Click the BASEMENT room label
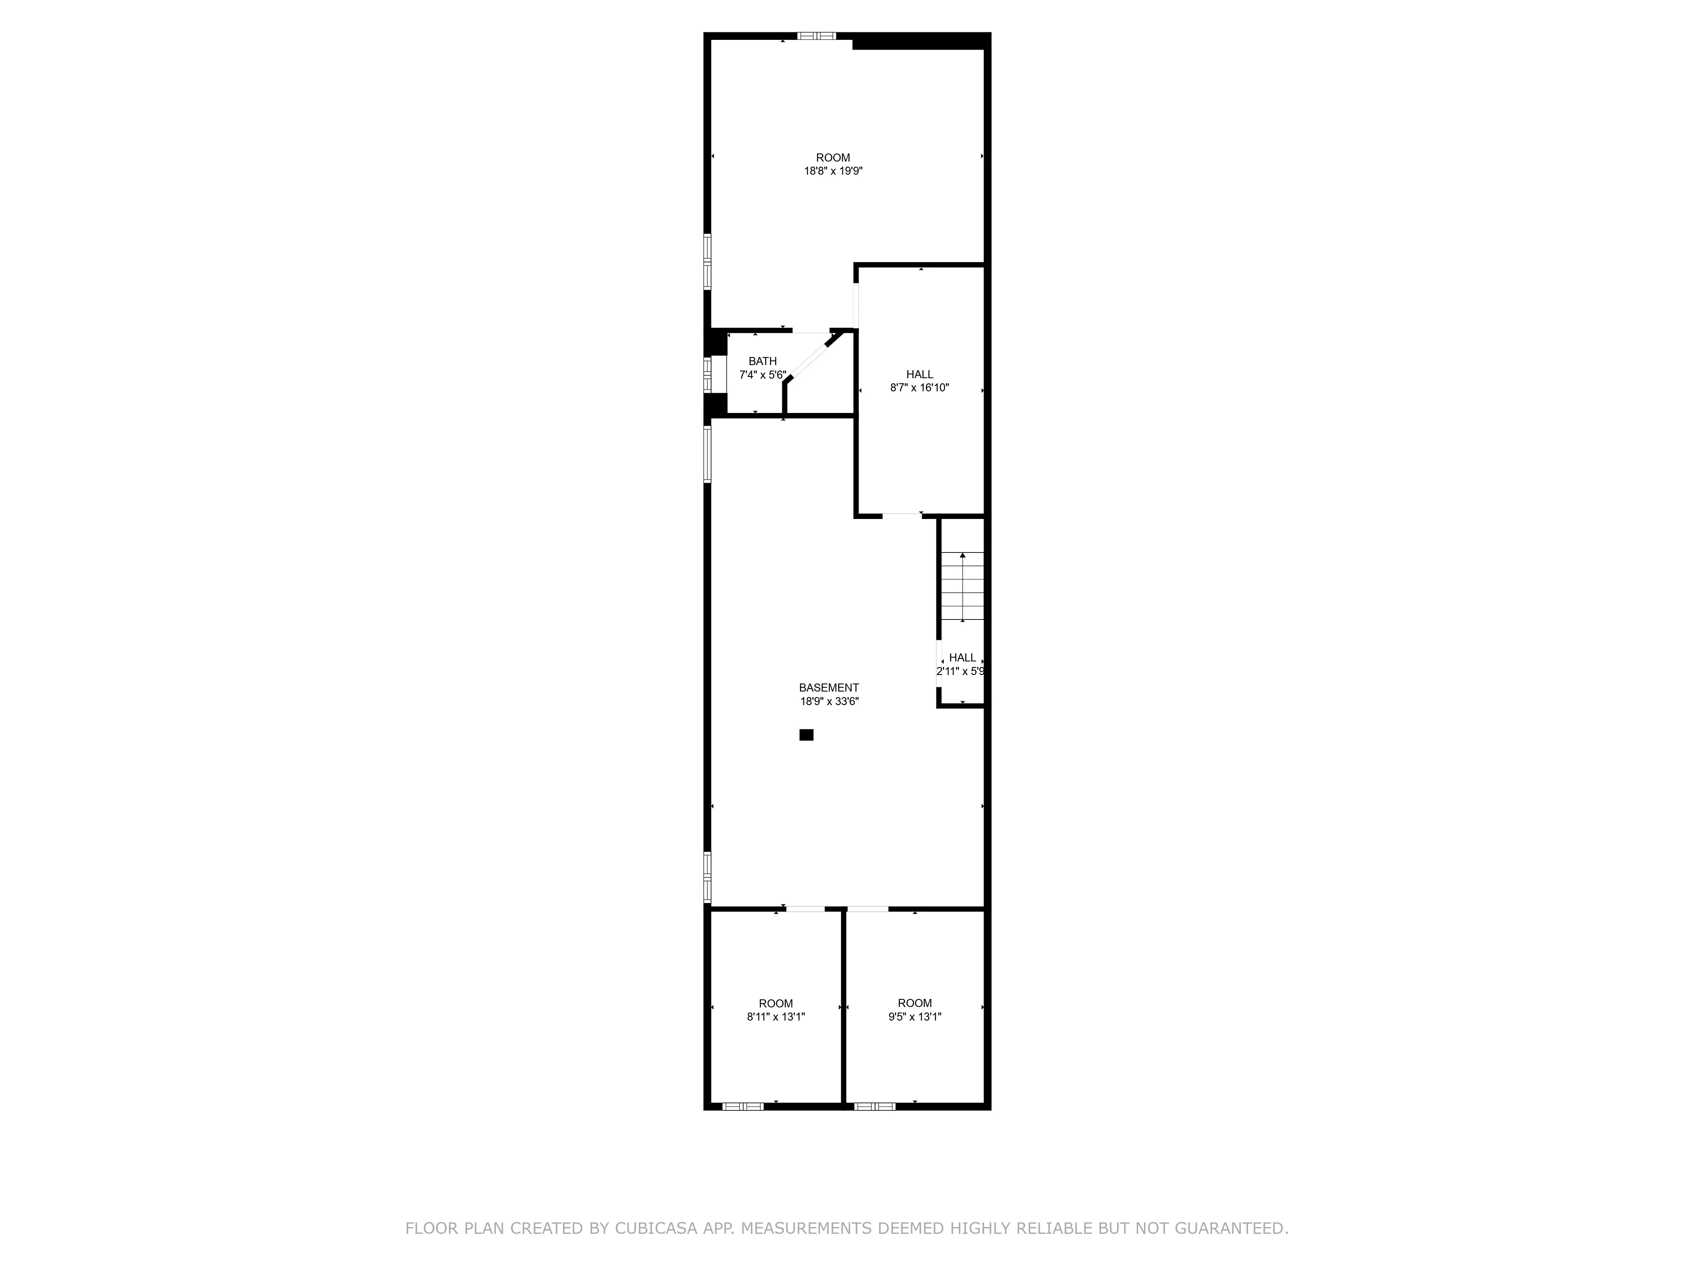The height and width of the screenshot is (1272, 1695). click(828, 688)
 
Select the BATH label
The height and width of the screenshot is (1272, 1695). click(762, 361)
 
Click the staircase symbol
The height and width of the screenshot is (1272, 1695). click(962, 586)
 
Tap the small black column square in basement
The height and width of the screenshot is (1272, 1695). click(806, 734)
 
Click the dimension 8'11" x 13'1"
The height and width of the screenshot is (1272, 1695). click(775, 1017)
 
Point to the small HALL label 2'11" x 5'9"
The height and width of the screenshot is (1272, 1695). click(961, 664)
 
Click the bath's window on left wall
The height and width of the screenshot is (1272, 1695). click(707, 374)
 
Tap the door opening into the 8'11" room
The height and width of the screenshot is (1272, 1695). click(806, 909)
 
